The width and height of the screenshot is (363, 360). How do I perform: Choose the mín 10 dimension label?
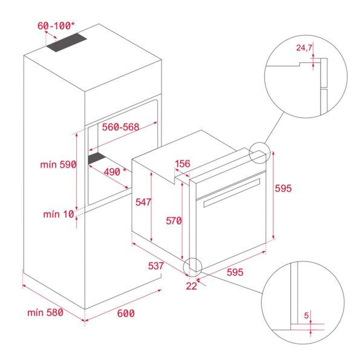(x=58, y=214)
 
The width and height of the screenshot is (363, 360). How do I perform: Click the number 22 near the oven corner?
(x=192, y=286)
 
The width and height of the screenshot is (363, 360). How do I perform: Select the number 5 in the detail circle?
(x=307, y=315)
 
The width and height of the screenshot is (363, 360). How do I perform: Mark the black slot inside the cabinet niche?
(x=97, y=159)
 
